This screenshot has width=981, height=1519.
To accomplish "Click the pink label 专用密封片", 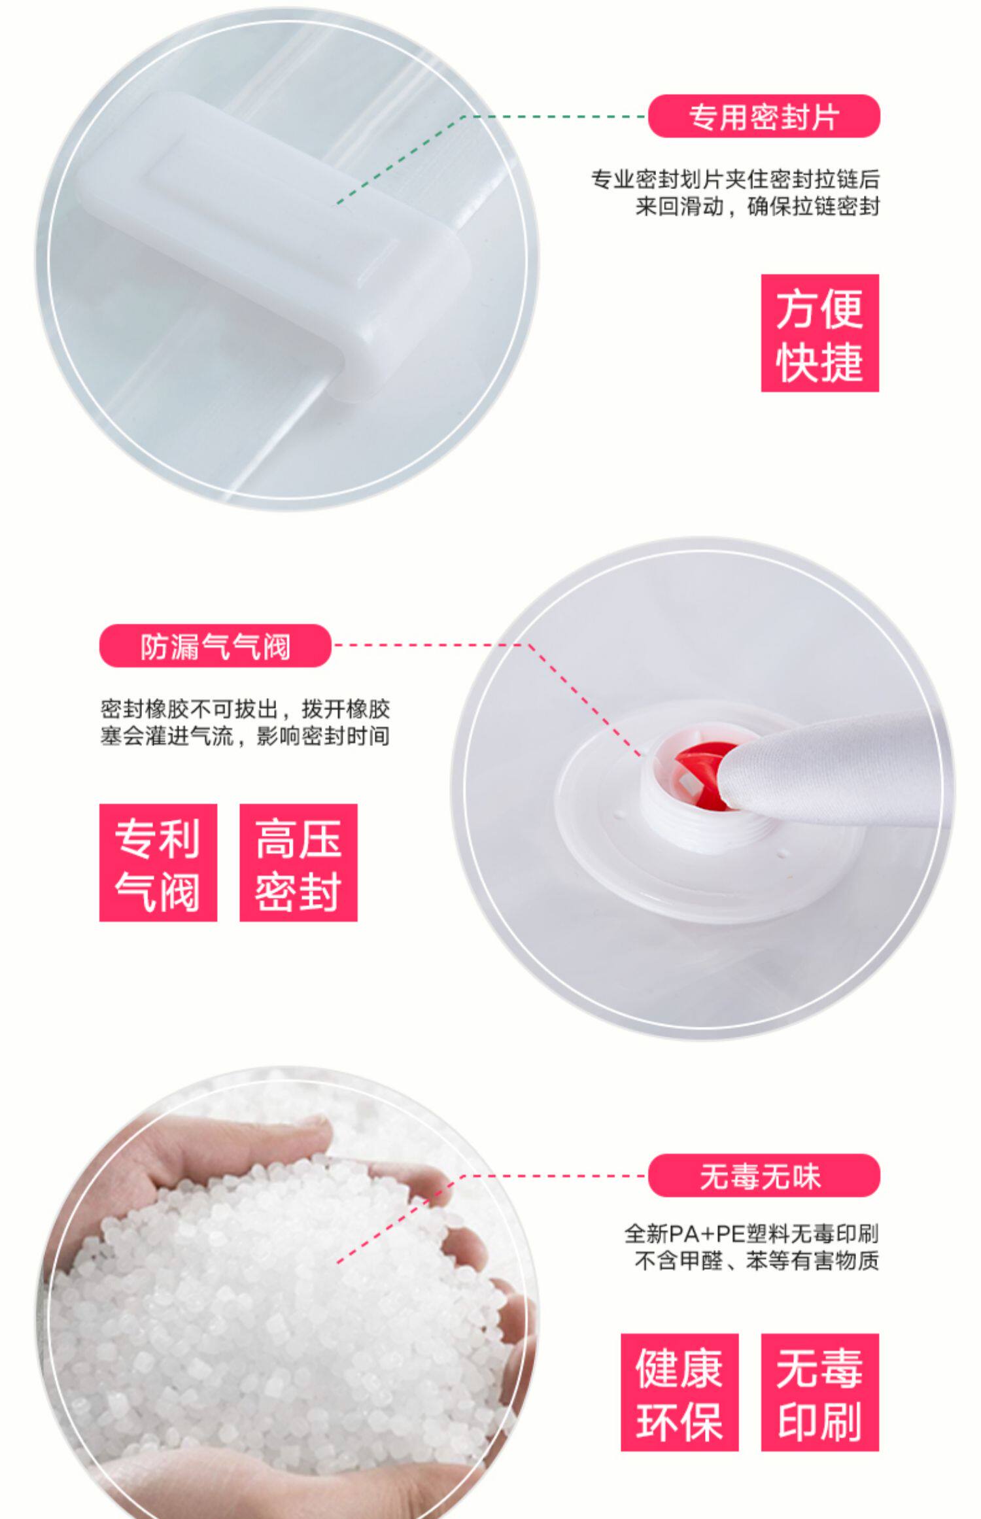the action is [764, 116].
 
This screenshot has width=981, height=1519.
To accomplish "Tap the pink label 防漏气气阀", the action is [215, 646].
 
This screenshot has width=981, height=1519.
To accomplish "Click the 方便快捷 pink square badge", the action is [820, 334].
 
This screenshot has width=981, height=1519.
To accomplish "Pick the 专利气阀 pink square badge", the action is [158, 863].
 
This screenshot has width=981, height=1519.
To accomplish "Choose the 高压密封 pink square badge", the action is [298, 863].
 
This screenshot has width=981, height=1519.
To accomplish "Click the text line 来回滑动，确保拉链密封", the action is [757, 207].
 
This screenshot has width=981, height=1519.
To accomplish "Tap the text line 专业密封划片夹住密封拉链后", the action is [735, 179].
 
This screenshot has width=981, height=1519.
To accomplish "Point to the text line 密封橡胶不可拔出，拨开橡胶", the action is [245, 709].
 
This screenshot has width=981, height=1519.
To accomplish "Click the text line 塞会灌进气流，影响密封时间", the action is [245, 737].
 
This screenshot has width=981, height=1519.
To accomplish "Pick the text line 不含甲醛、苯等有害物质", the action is [757, 1261].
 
